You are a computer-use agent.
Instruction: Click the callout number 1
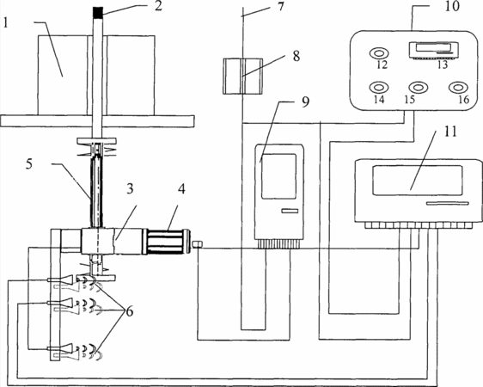click(x=4, y=22)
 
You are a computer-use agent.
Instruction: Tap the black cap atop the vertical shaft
click(x=98, y=12)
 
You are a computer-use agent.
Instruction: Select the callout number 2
click(x=158, y=6)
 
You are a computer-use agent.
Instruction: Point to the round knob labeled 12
click(x=379, y=53)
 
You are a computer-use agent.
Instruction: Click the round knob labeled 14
click(x=378, y=88)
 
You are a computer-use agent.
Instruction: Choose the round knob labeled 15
click(x=418, y=88)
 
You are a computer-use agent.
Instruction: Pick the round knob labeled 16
click(x=458, y=88)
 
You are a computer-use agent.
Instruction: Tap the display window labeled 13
click(x=433, y=49)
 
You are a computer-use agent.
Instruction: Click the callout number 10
click(x=452, y=7)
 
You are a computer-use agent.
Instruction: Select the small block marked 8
click(x=242, y=76)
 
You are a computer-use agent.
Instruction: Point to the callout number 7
click(x=280, y=6)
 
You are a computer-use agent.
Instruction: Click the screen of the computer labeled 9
click(x=278, y=176)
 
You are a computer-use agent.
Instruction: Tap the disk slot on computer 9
click(x=290, y=211)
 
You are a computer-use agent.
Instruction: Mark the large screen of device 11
click(x=418, y=180)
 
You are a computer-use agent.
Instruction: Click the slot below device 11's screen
click(x=448, y=203)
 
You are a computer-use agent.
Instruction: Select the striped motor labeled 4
click(x=168, y=242)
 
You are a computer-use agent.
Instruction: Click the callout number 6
click(x=130, y=311)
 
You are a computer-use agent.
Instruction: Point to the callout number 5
click(x=28, y=164)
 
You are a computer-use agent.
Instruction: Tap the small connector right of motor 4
click(x=197, y=244)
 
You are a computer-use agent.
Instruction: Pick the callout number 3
click(x=130, y=189)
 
